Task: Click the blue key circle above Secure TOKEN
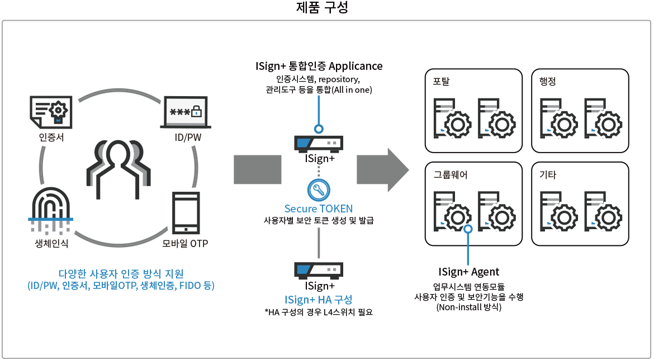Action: tap(319, 189)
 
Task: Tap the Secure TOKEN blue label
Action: tap(319, 209)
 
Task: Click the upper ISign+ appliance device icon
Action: tap(319, 144)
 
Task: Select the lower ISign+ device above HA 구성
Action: tap(319, 270)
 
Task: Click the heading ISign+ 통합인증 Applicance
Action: tap(319, 66)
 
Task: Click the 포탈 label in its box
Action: tap(441, 82)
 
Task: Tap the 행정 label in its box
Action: tap(547, 82)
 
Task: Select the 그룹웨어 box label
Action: tap(451, 175)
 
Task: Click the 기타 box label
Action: tap(547, 175)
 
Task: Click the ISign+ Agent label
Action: tap(469, 272)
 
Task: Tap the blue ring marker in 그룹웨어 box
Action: tap(469, 228)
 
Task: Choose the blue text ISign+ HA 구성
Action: tap(319, 299)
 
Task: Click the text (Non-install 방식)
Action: tap(469, 307)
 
